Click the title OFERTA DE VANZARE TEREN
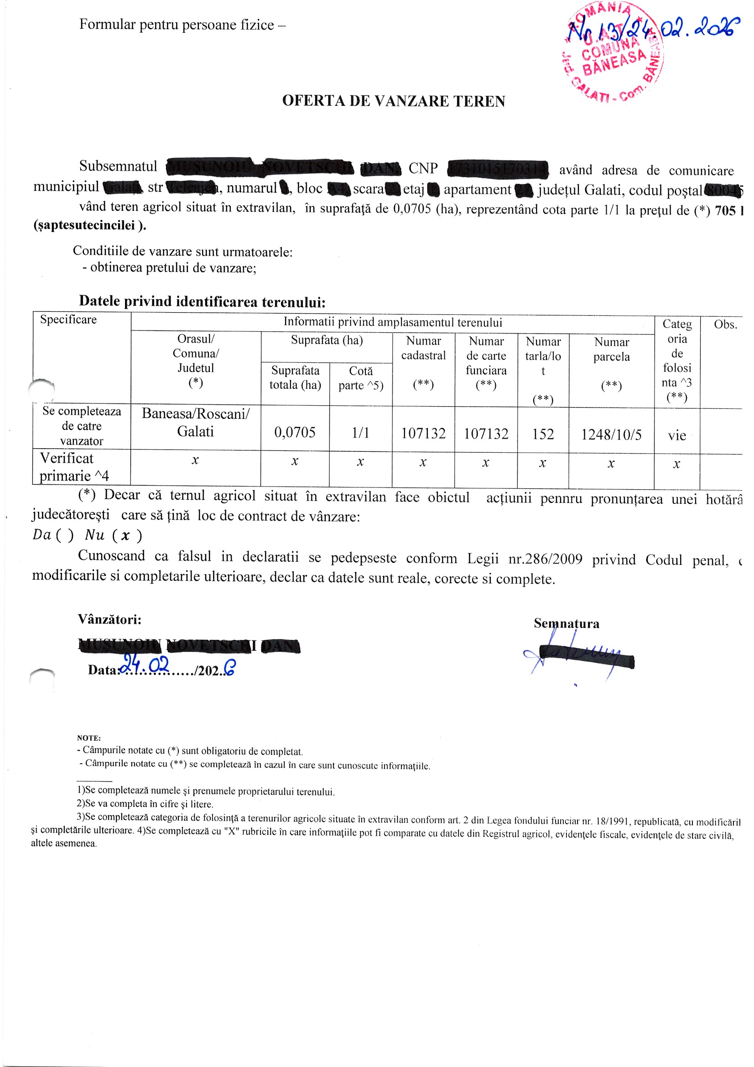[x=394, y=101]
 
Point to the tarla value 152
[x=543, y=434]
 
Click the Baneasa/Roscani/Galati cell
[x=196, y=423]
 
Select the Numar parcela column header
[x=611, y=350]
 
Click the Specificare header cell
[x=68, y=319]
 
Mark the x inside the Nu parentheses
[x=125, y=535]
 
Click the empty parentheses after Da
[x=65, y=535]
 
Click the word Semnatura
[x=567, y=623]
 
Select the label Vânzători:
[x=109, y=619]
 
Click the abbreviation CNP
[x=423, y=168]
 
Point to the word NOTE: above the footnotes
[x=89, y=737]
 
